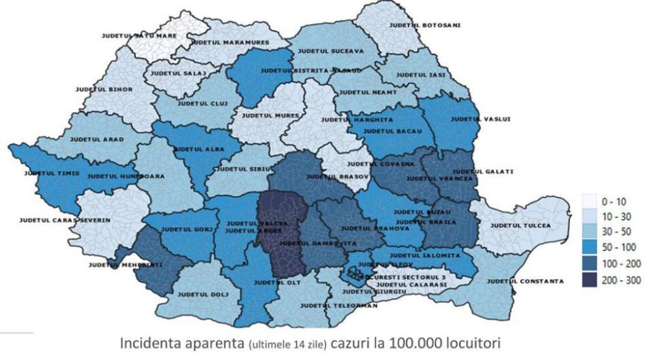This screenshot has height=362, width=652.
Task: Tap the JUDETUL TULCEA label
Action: [520, 225]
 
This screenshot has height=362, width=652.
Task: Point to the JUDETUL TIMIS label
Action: [52, 174]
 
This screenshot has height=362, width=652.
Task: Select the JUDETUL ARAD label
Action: [97, 139]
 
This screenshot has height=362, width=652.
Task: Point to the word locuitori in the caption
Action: [470, 344]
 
